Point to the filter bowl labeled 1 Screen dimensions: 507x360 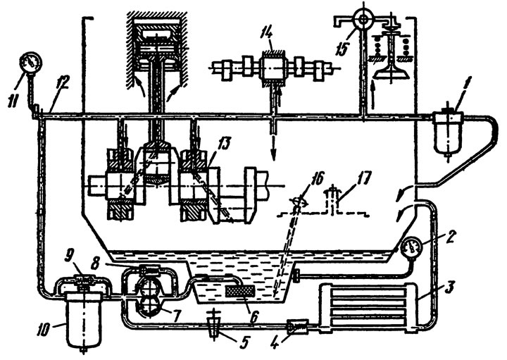448,132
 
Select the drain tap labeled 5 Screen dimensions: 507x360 215,324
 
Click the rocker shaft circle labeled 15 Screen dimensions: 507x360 364,20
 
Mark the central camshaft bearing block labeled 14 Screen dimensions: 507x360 272,68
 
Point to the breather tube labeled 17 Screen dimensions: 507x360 333,199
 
